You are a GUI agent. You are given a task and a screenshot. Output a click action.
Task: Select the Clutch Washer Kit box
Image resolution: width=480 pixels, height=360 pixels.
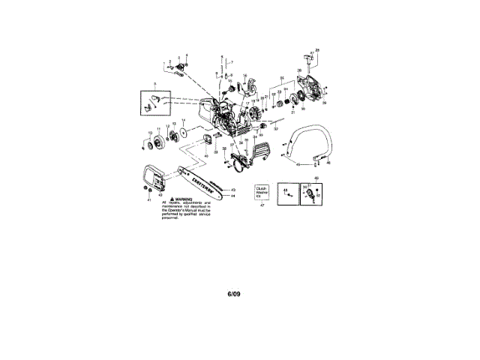[262, 193]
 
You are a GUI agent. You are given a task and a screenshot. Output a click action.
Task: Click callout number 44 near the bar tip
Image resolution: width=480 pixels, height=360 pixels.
[234, 196]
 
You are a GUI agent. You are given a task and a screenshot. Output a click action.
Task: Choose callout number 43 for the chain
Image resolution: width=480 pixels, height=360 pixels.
[234, 190]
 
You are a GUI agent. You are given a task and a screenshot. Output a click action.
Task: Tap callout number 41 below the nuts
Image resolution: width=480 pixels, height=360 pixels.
[148, 201]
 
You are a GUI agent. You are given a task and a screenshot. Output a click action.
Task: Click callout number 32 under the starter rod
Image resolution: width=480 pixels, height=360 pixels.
[276, 130]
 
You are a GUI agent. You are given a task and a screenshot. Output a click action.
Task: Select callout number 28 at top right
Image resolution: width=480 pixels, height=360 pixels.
[318, 49]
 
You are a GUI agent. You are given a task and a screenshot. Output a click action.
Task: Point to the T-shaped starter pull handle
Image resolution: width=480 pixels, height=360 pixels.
[308, 57]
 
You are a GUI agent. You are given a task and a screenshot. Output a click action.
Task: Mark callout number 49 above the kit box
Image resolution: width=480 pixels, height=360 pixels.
[315, 178]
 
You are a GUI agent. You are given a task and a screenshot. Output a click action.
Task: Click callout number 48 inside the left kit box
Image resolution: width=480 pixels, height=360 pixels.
[286, 193]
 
